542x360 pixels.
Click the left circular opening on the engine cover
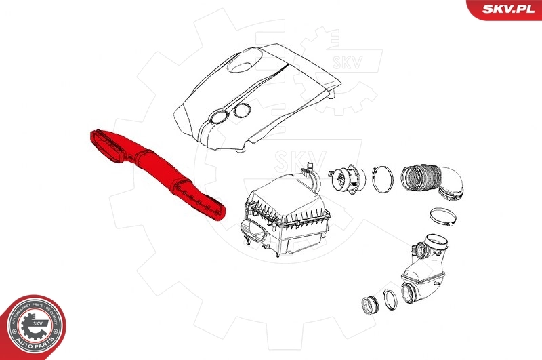click(x=218, y=117)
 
